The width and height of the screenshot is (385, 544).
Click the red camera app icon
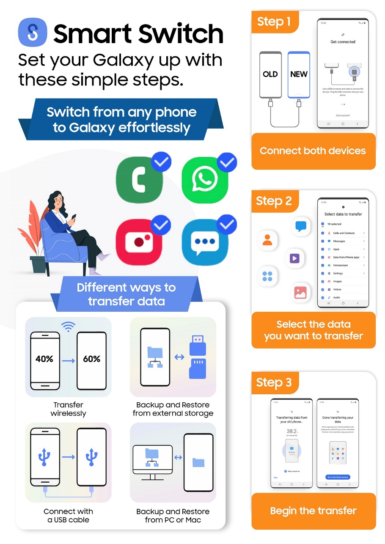point(137,241)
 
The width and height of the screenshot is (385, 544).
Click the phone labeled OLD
point(270,74)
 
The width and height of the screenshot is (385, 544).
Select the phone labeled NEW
point(299,74)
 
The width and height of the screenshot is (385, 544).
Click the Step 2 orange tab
point(275,201)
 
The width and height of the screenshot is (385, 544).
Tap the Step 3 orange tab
point(275,383)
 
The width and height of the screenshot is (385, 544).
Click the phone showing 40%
point(44,360)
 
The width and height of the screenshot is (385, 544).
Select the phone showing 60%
point(91,360)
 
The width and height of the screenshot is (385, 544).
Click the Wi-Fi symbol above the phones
point(68,326)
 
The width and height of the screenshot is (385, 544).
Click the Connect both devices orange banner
point(313,151)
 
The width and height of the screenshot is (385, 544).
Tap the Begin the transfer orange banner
point(313,511)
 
